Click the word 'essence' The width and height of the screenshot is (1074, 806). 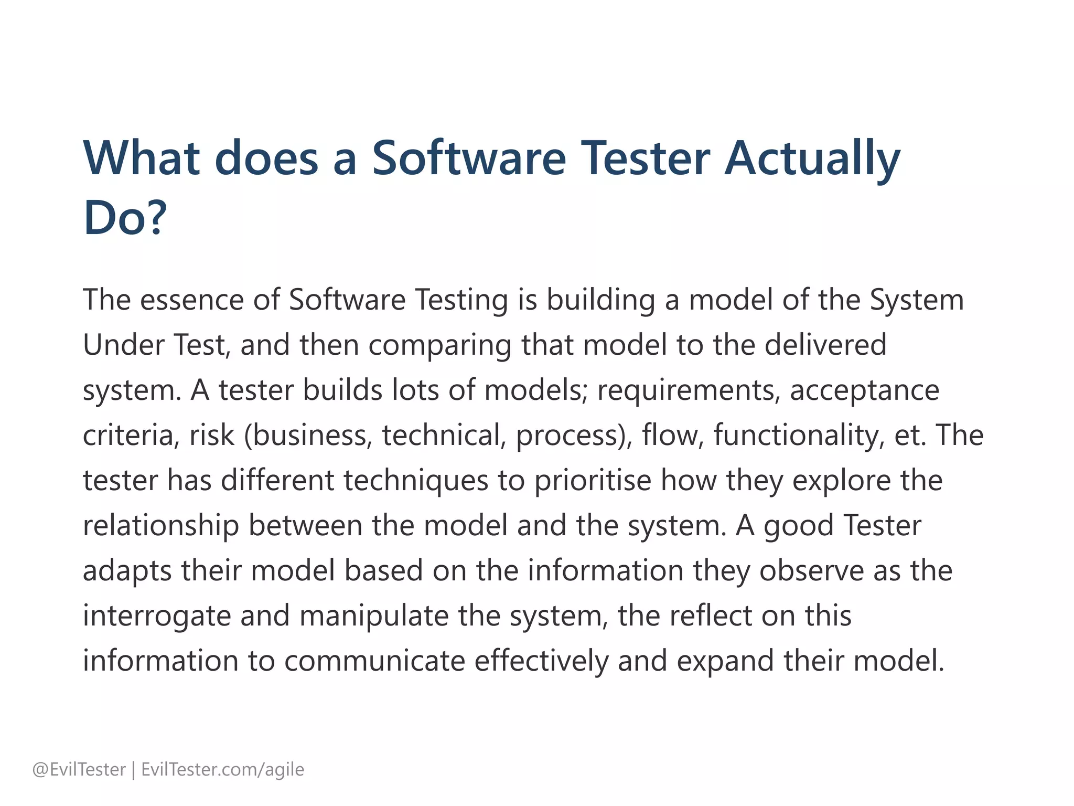point(191,300)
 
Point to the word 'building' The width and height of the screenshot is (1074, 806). point(601,301)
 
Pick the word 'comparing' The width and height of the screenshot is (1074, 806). point(439,346)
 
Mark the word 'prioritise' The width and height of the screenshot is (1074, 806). point(593,481)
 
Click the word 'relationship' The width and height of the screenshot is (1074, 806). point(160,526)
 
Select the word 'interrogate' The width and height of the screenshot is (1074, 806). point(157,617)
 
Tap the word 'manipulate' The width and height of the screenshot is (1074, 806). point(374,616)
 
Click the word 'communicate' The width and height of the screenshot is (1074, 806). point(374,661)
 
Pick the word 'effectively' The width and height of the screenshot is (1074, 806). point(541,661)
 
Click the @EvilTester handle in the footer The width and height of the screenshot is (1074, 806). point(79,770)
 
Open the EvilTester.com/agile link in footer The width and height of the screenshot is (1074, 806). point(223,770)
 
